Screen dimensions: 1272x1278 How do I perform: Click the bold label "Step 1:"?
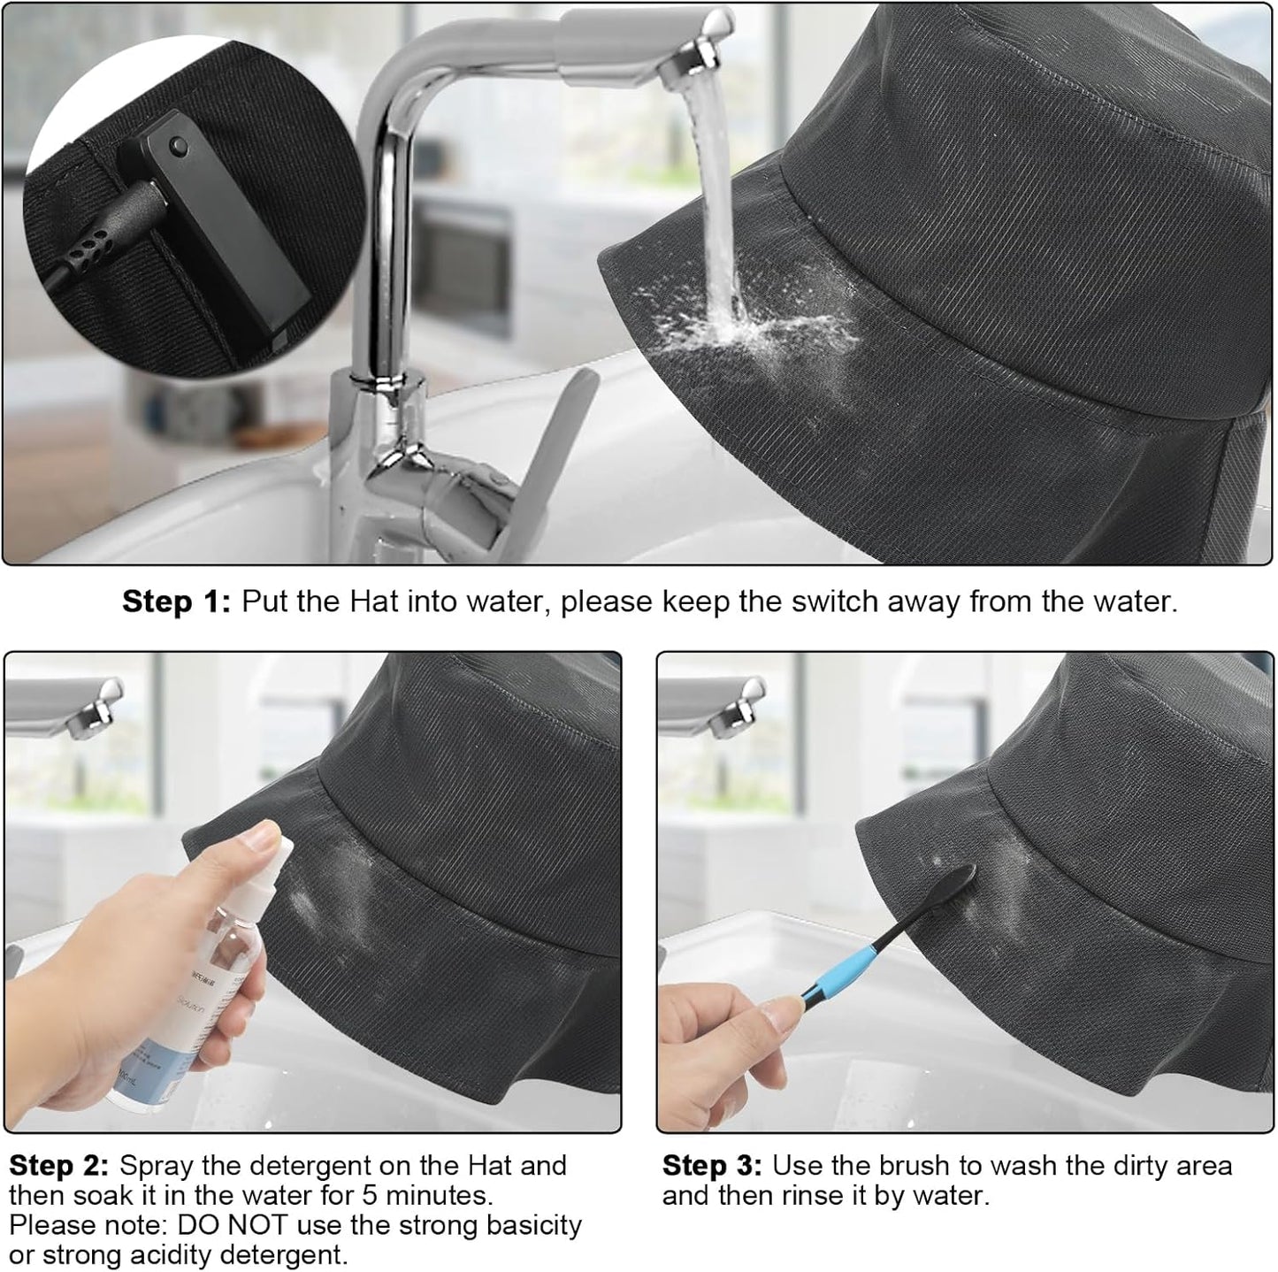pos(175,602)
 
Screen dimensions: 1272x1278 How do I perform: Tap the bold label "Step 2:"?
pos(58,1166)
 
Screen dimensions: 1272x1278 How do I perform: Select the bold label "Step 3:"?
pos(711,1166)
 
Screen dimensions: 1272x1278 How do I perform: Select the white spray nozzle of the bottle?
pos(270,854)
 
